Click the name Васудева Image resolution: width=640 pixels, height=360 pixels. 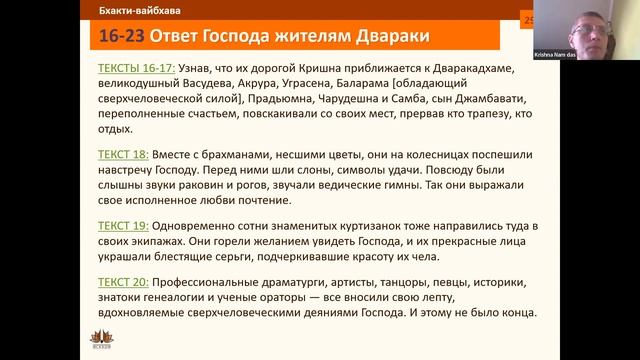pos(207,86)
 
